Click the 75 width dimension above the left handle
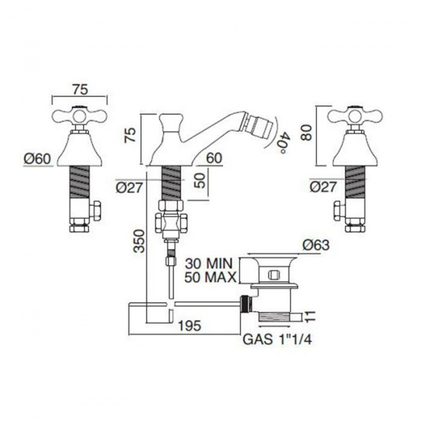(x=80, y=90)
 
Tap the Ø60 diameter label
(x=37, y=159)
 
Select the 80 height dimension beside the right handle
(x=307, y=132)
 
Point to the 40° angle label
(x=283, y=142)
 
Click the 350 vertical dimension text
(x=140, y=241)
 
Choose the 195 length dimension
(x=189, y=326)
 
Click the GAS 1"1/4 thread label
(x=277, y=340)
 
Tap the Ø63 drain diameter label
(x=316, y=245)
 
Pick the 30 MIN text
(x=208, y=264)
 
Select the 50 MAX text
(x=210, y=277)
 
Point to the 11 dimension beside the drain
(x=310, y=317)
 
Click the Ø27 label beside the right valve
(x=323, y=187)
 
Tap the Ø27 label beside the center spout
(x=129, y=187)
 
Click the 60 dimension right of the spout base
(x=214, y=158)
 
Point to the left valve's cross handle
(x=79, y=116)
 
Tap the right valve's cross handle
(x=355, y=116)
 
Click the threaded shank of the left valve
(x=79, y=182)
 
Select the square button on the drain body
(x=274, y=275)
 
